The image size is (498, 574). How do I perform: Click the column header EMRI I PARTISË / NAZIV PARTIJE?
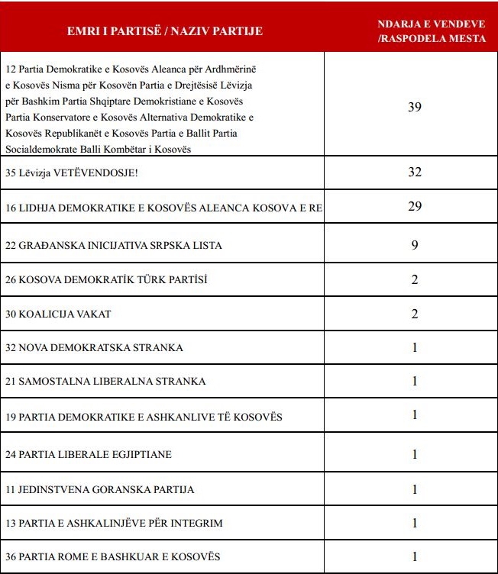click(x=163, y=31)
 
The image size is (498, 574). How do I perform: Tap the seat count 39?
click(x=414, y=107)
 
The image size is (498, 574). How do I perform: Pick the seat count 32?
click(x=414, y=173)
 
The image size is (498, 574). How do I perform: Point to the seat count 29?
click(x=414, y=207)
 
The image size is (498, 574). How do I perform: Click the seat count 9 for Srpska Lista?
click(x=414, y=245)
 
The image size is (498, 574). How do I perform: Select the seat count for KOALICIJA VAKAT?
click(x=414, y=314)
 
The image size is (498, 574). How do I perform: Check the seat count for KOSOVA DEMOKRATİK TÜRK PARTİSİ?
click(x=414, y=279)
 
